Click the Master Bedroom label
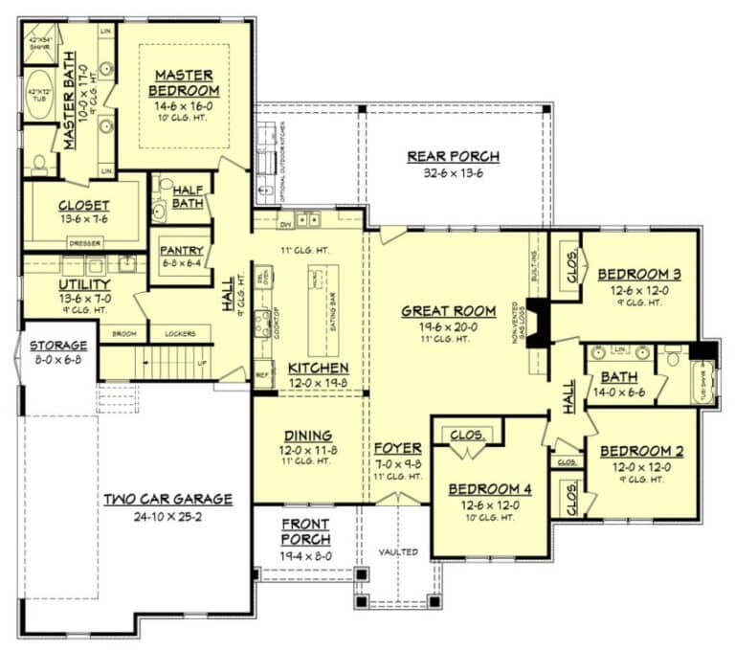click(184, 82)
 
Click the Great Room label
click(448, 310)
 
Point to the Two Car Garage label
click(168, 499)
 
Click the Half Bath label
click(187, 196)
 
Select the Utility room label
click(84, 284)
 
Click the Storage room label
click(58, 345)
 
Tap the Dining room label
click(307, 435)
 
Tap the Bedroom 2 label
click(640, 450)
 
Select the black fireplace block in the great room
click(540, 323)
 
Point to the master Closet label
click(83, 205)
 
